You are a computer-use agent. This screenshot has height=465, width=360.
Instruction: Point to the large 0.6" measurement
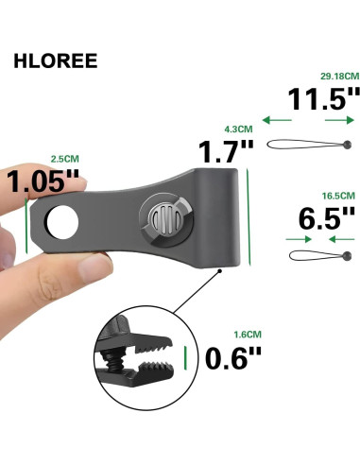pyautogui.click(x=235, y=359)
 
